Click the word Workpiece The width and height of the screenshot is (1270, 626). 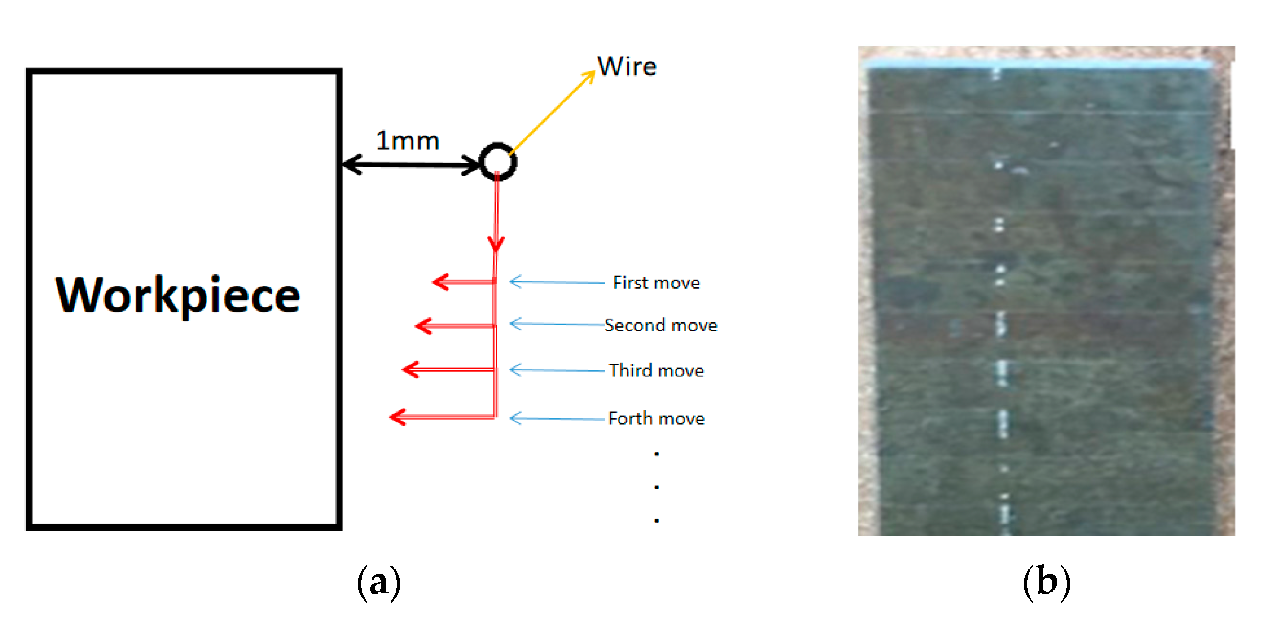tap(177, 296)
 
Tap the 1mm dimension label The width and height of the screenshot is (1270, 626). tap(407, 141)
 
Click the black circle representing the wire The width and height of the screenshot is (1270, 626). tap(498, 161)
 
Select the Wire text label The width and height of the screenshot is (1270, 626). tap(627, 67)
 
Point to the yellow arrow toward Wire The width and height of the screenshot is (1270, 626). tap(552, 113)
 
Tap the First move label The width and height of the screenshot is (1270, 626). tap(656, 283)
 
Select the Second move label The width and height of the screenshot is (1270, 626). tap(661, 326)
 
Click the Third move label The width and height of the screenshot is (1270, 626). tap(656, 371)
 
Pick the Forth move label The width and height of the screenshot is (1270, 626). tap(656, 419)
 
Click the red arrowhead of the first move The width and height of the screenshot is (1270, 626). tap(440, 282)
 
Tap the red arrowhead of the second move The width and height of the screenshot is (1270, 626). tap(423, 326)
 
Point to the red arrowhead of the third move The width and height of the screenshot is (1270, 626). tap(410, 370)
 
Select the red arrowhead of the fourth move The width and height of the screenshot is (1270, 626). tap(397, 418)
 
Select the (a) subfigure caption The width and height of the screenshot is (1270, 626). tap(378, 582)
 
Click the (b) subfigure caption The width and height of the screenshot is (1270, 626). tap(1046, 582)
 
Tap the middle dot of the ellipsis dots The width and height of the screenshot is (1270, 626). tap(657, 487)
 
